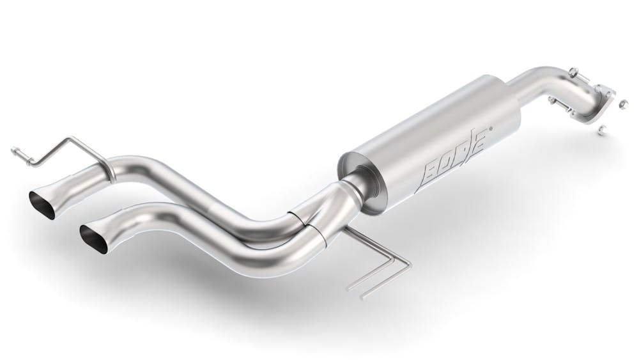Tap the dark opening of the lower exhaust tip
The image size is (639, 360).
click(x=94, y=239)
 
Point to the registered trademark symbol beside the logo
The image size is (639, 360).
click(x=491, y=129)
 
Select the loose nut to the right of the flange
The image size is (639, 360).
click(x=622, y=104)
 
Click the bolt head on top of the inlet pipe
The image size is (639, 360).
click(x=572, y=72)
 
